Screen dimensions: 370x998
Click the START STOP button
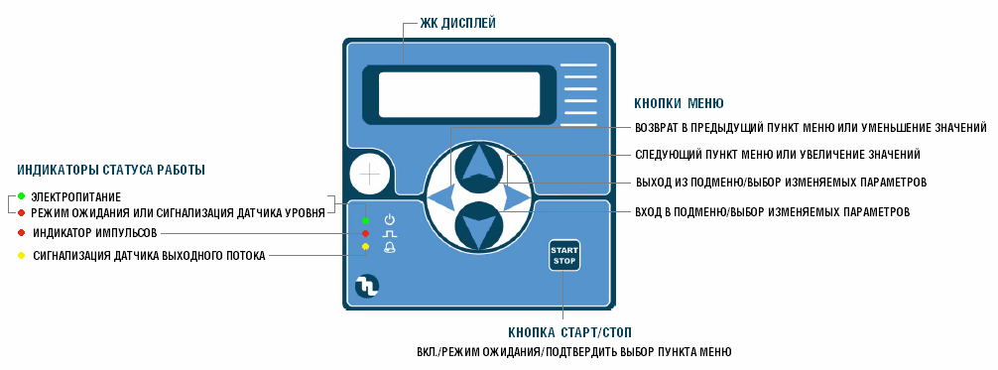coord(563,256)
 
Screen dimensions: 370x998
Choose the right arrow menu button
coord(517,199)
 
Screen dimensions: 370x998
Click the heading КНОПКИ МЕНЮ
coord(679,103)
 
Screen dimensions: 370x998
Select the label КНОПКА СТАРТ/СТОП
coord(569,332)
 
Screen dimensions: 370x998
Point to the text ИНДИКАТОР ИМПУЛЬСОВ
coord(95,233)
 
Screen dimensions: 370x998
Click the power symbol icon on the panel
coord(389,218)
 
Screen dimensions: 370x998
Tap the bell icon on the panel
coord(389,247)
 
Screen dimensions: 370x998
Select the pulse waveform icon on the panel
coord(389,233)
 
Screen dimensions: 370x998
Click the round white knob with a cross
coord(370,176)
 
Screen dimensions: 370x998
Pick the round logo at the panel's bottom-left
coord(367,287)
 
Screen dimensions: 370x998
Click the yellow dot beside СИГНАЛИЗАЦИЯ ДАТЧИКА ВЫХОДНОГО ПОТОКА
coord(21,255)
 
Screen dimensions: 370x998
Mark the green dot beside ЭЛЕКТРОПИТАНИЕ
coord(21,197)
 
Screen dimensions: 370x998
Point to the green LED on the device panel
coord(366,219)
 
